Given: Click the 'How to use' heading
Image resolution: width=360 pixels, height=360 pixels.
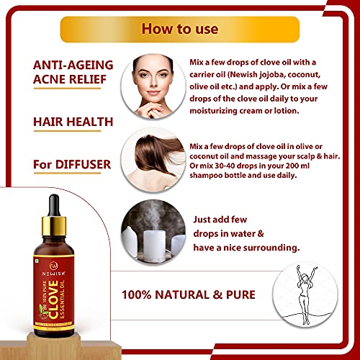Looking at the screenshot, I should tap(179, 30).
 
